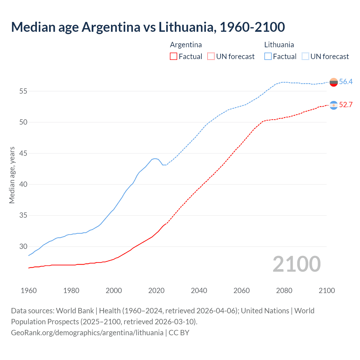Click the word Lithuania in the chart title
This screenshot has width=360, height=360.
coord(186,27)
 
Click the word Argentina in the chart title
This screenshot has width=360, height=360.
coord(111,27)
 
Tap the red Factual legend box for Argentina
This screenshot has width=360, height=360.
coord(174,57)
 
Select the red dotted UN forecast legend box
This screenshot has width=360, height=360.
coord(211,57)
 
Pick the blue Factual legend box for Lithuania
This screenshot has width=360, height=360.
coord(268,57)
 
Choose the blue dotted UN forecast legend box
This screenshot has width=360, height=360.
coord(305,57)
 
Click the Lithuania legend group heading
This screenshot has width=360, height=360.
coord(279,45)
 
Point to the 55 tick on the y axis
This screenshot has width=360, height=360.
coord(23,91)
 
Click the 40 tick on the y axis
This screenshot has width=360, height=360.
coord(23,184)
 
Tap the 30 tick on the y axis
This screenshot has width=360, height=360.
coord(23,247)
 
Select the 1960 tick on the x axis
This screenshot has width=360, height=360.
coord(29,291)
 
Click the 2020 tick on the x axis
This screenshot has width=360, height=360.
coord(156,291)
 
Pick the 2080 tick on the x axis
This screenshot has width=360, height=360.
coord(284,291)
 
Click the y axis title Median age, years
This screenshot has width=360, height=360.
coord(12,175)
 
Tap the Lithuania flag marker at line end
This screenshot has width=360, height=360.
coord(334,82)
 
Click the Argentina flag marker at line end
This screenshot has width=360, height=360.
coord(334,105)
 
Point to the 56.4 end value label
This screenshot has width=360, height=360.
coord(346,82)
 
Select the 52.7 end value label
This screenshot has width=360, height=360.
coord(346,105)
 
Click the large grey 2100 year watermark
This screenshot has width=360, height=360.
coord(297,264)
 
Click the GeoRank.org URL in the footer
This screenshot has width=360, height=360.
coord(87,333)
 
